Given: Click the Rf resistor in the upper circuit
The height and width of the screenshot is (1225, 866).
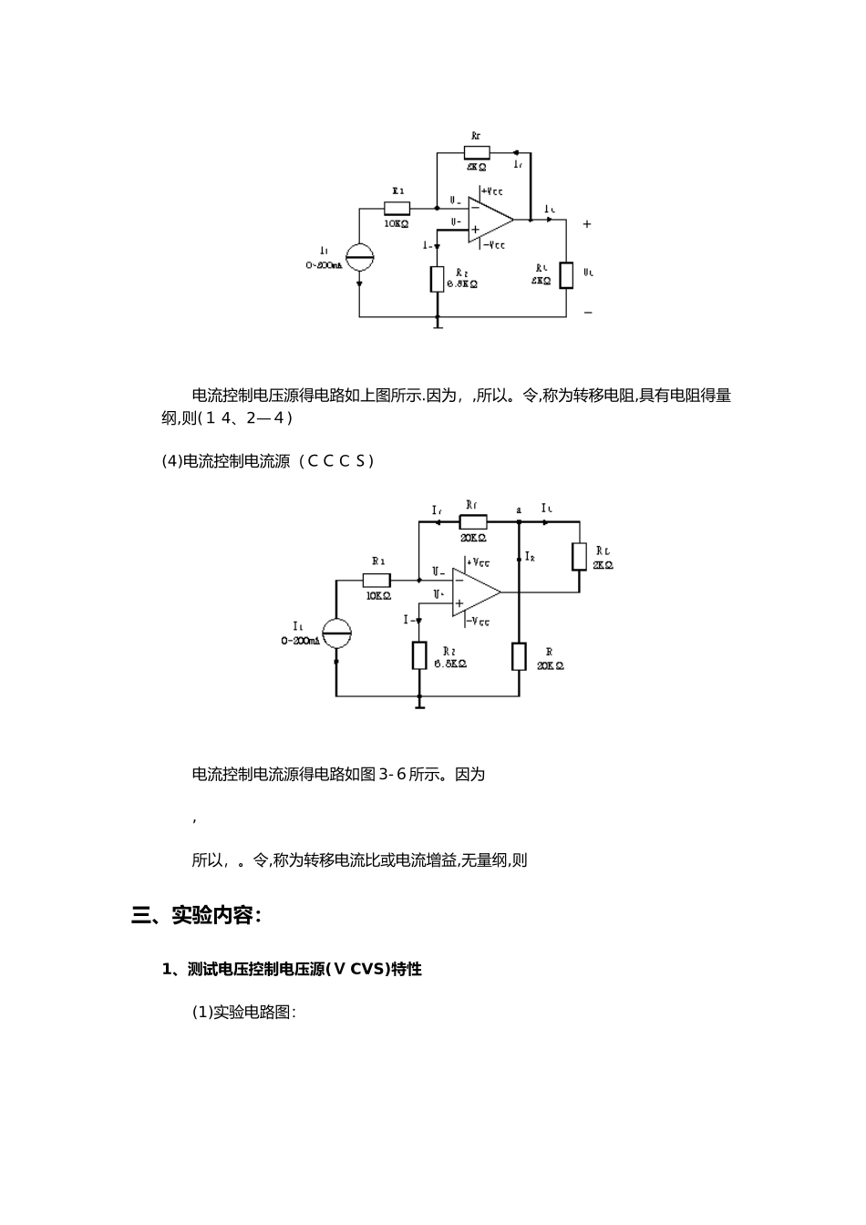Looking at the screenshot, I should point(477,153).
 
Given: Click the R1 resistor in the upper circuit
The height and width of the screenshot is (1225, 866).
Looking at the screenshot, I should point(397,209).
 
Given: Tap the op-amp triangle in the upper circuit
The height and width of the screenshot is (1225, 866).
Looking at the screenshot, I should point(489,220).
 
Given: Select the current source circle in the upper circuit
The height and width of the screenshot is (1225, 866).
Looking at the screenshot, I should point(359,258).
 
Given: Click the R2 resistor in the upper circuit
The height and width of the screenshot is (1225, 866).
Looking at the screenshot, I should point(438,279).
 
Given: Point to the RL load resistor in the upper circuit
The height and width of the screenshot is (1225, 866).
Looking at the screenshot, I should point(566,274).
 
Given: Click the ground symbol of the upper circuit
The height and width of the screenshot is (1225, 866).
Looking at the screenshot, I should point(438,323).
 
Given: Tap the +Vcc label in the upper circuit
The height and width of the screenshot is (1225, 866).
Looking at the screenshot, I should point(492,191).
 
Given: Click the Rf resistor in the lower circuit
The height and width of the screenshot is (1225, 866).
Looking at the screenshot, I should point(473,522).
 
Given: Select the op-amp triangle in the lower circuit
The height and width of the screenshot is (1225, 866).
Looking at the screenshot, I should point(474,592).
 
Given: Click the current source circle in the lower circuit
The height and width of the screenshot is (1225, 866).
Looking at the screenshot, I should point(336,633).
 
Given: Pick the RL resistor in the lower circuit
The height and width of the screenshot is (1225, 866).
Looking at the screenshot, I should point(579,557).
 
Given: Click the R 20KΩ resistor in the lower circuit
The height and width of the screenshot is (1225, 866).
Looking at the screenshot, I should point(519,656).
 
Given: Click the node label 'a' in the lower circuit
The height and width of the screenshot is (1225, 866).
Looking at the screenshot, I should point(519,510).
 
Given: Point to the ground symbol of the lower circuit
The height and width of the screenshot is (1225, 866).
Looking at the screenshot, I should point(419,702).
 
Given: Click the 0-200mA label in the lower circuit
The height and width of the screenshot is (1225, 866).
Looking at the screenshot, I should point(300,641).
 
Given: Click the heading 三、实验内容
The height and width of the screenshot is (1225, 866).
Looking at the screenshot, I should point(197,915).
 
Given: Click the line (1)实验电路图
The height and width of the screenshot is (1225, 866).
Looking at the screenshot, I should point(244,1013).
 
